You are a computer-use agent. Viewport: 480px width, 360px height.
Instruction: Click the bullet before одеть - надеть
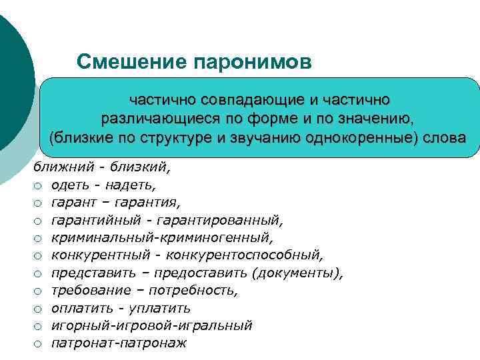point(39,184)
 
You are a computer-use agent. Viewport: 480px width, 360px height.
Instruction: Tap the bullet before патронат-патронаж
point(39,344)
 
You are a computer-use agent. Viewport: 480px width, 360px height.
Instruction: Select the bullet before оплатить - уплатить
point(39,308)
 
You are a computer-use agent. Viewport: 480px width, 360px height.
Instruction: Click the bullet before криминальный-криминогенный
point(39,237)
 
